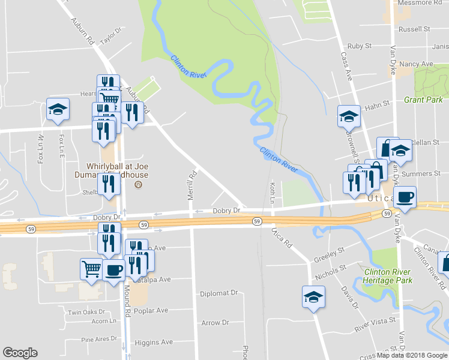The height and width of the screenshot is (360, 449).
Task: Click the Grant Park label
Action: click(423, 100)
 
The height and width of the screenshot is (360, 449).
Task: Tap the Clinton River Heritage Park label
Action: click(388, 276)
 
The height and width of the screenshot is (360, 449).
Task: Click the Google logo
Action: click(20, 353)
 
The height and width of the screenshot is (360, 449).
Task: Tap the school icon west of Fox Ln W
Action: click(58, 109)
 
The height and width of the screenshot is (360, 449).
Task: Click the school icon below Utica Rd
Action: click(313, 296)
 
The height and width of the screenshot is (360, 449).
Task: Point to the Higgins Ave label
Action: click(154, 343)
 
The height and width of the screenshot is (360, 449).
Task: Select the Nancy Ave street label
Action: click(416, 64)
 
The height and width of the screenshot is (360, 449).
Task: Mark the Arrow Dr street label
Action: click(215, 323)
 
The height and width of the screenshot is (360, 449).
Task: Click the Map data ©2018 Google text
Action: click(412, 355)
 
